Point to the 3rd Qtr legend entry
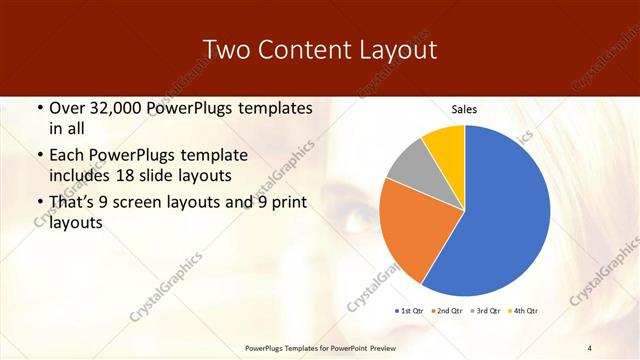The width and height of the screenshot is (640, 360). click(x=486, y=311)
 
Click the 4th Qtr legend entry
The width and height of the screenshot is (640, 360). click(x=523, y=311)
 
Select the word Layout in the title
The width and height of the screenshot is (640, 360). click(x=401, y=50)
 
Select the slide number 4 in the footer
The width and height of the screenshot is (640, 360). click(x=590, y=347)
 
